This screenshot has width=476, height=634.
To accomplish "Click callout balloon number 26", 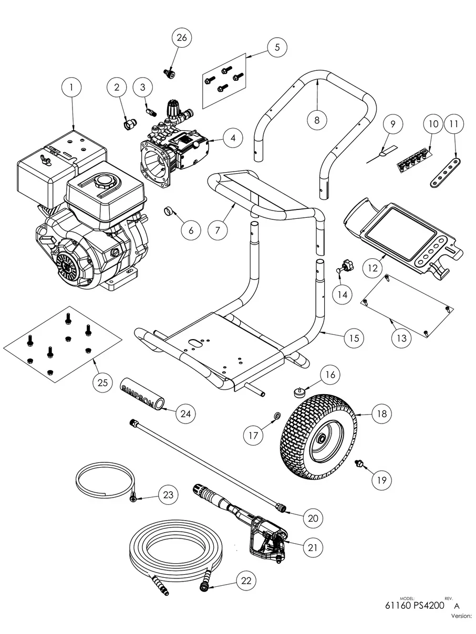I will click(x=181, y=38).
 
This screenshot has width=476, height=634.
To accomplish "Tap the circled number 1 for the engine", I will click(x=73, y=88).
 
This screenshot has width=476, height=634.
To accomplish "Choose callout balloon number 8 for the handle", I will click(x=317, y=119).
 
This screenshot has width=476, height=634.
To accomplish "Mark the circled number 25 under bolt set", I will click(x=102, y=382).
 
